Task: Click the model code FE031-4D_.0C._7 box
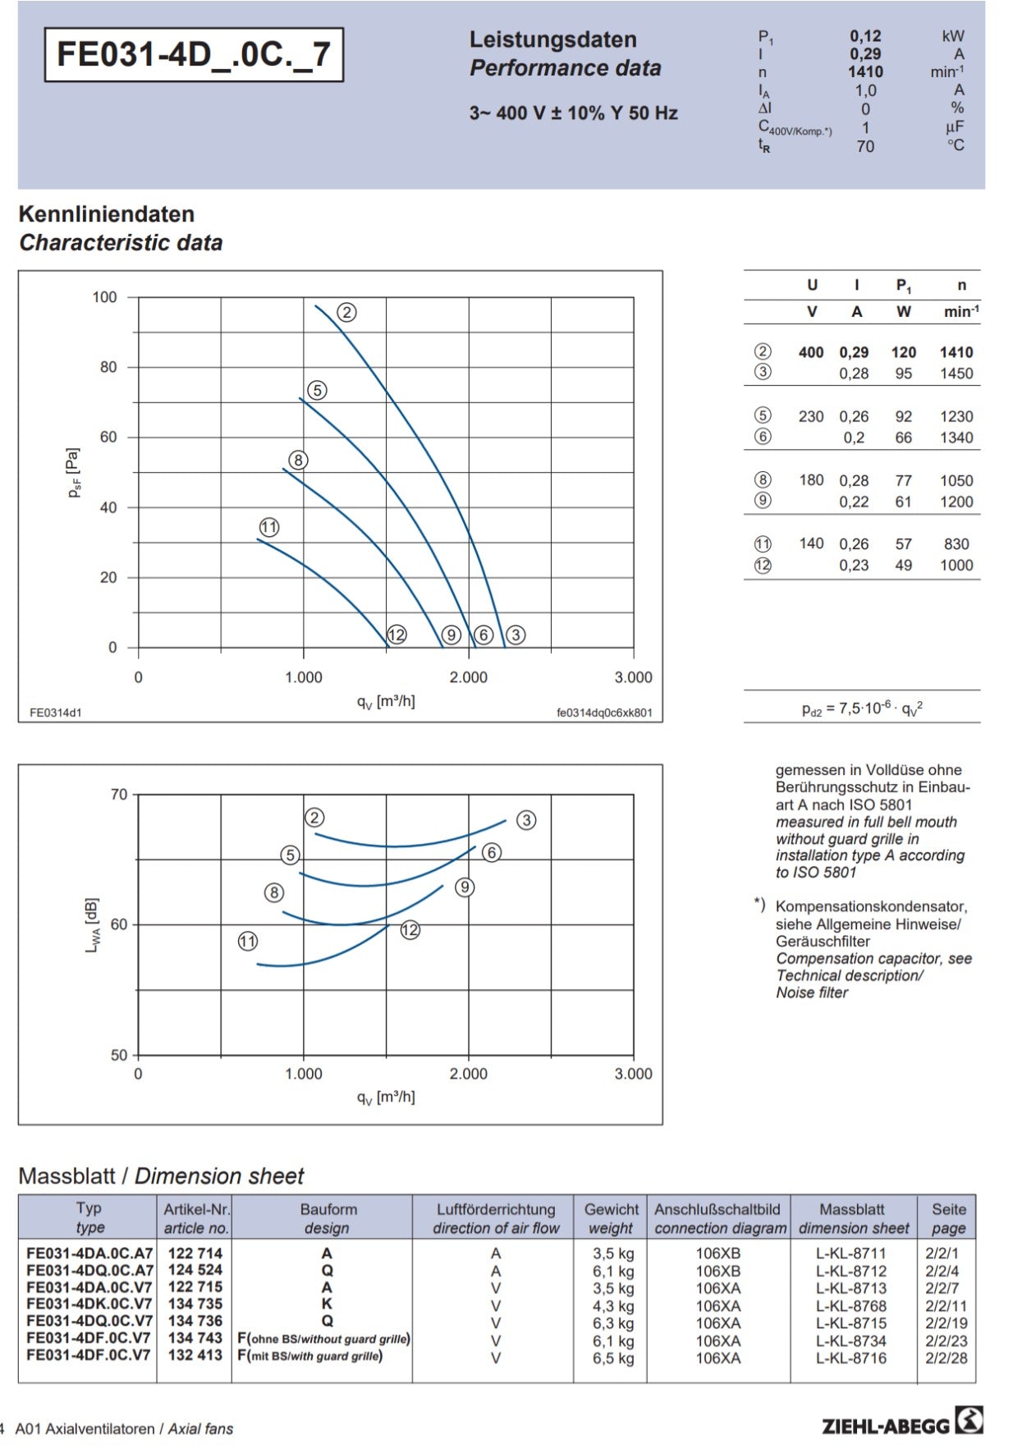coord(194,55)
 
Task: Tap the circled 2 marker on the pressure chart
coord(346,312)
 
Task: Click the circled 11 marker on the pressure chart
coord(269,527)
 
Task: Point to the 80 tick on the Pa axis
coord(108,367)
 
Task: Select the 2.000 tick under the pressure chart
coord(468,677)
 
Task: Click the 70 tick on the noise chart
coord(119,795)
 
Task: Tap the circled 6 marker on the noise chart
coord(492,852)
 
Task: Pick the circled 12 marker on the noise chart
coord(410,929)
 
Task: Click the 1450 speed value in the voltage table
coord(956,374)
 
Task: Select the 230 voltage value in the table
coord(811,416)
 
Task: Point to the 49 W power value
coord(903,565)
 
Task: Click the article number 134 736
coord(195,1321)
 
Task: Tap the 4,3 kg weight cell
coord(613,1305)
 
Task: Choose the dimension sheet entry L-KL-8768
coord(851,1305)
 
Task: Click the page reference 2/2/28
coord(947,1358)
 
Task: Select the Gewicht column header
coord(612,1209)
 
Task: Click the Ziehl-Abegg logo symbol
coord(969,1420)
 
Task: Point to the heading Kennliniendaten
coord(107,214)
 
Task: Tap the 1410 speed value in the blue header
coord(865,72)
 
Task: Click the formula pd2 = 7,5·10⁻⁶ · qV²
coord(862,708)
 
